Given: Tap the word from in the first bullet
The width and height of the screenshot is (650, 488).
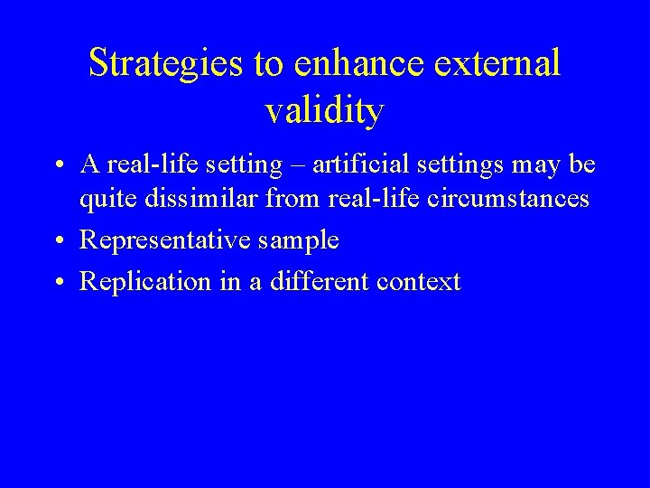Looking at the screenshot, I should tap(289, 199).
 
